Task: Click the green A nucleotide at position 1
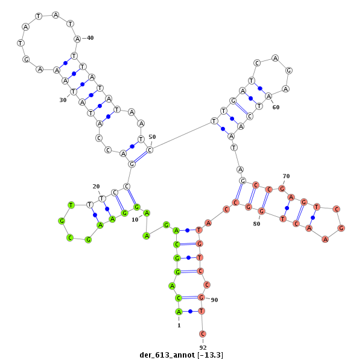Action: (179, 312)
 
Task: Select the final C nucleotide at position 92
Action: (203, 333)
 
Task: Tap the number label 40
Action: (91, 38)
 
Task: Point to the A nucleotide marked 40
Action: (77, 39)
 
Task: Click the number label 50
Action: (152, 137)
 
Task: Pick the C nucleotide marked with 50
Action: (150, 150)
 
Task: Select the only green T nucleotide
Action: (71, 205)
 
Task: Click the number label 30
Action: (63, 100)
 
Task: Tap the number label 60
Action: (276, 107)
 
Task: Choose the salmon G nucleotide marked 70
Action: (282, 189)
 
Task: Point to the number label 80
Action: (256, 223)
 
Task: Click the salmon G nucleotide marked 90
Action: (202, 297)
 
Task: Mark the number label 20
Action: (96, 186)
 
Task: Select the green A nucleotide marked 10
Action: (147, 213)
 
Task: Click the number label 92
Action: (203, 347)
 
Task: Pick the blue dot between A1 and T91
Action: (190, 312)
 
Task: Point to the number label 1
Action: (179, 326)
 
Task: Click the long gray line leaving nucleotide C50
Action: (182, 136)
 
